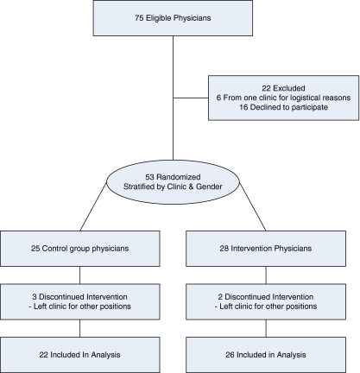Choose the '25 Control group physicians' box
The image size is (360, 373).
[81, 249]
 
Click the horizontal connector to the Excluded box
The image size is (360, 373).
[191, 98]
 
